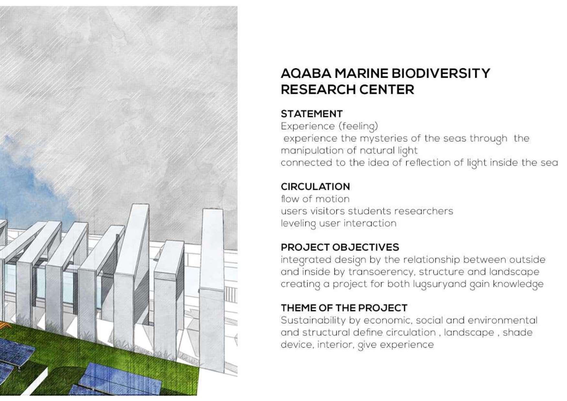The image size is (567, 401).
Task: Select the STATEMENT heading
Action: [x=311, y=114]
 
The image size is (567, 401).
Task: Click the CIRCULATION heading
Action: [x=315, y=187]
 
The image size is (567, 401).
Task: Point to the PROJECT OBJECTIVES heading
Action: [x=340, y=247]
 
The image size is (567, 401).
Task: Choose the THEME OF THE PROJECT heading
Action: [x=344, y=308]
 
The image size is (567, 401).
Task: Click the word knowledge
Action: [x=518, y=284]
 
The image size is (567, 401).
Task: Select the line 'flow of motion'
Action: [x=315, y=199]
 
